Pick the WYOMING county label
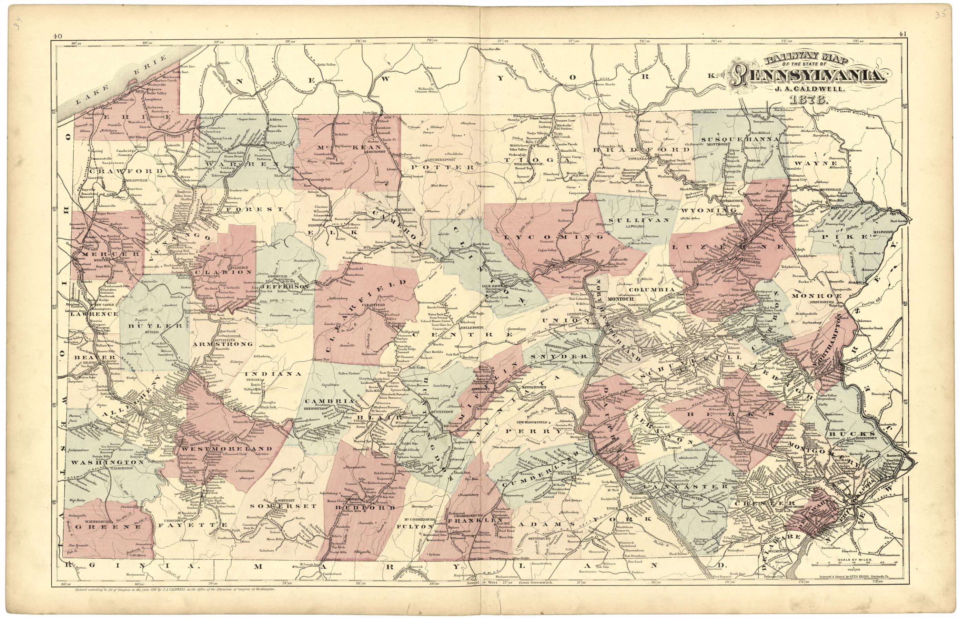click(704, 210)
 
